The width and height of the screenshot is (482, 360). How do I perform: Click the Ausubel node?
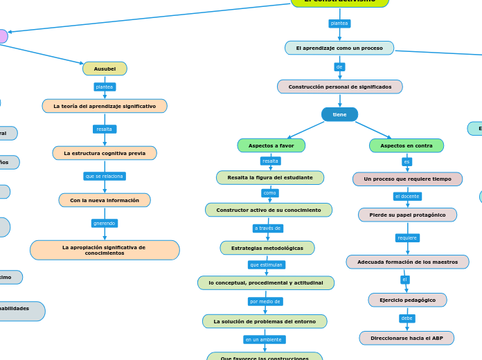[x=105, y=69]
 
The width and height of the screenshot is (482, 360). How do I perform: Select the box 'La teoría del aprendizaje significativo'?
[x=105, y=106]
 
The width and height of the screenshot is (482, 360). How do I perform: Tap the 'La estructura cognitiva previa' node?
[x=105, y=153]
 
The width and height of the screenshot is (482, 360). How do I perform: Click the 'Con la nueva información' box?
[x=105, y=200]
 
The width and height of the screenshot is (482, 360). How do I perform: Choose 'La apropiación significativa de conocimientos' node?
[x=105, y=250]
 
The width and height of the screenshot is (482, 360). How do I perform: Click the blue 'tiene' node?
[x=339, y=114]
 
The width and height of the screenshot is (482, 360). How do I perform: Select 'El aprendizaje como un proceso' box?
[x=339, y=48]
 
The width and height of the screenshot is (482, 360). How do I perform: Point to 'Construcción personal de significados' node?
[x=339, y=87]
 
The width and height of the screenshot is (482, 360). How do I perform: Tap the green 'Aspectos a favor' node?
[x=271, y=145]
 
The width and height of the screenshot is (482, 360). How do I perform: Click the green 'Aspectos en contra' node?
[x=407, y=145]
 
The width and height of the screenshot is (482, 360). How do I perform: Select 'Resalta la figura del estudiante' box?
[x=270, y=177]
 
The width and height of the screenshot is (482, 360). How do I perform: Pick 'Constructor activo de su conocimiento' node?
[x=269, y=210]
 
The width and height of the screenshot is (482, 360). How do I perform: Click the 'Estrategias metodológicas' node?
[x=267, y=248]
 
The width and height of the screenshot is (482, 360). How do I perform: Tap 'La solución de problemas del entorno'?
[x=265, y=321]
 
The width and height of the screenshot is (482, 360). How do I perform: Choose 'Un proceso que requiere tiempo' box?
[x=407, y=179]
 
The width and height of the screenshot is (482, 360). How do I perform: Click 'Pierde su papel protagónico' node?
[x=407, y=215]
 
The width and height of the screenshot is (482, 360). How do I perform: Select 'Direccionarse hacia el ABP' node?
[x=407, y=338]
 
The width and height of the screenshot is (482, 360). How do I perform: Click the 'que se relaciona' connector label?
[x=105, y=176]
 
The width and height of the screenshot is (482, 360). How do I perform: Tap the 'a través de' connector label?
[x=268, y=228]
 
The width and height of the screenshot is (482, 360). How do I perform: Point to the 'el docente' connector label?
[x=407, y=197]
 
